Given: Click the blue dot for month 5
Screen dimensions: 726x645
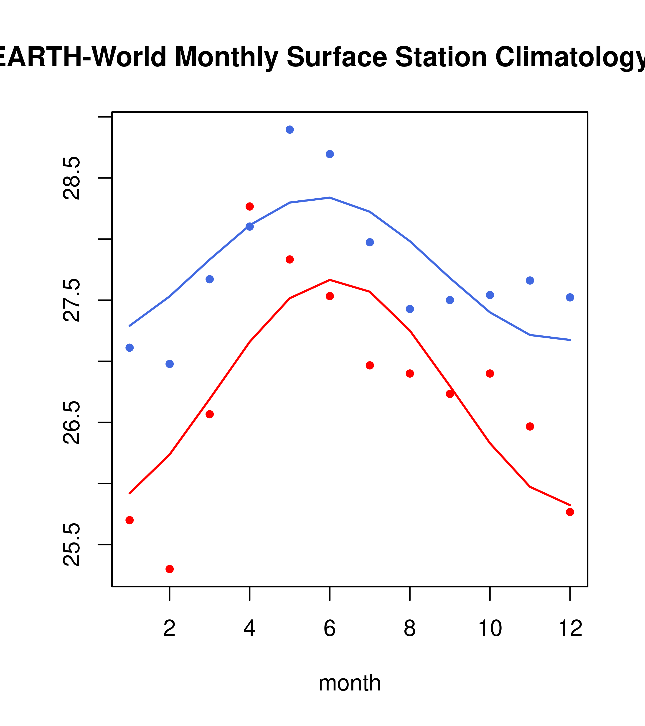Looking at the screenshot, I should click(x=290, y=130).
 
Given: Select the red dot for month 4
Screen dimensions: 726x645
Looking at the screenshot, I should click(x=249, y=206).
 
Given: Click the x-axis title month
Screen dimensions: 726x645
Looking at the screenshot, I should click(x=350, y=683).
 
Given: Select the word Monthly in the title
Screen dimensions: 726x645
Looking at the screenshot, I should click(x=226, y=57).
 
